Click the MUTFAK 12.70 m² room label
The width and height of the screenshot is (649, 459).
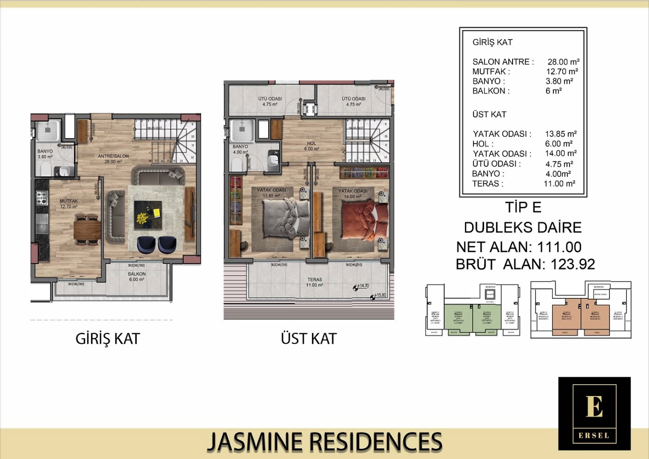(68, 204)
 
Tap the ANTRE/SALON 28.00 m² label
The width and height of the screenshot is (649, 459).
(113, 159)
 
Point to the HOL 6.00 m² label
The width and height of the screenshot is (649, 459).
(311, 146)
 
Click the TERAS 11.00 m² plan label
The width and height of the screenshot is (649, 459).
(315, 282)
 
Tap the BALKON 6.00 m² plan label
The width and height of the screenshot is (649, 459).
(137, 277)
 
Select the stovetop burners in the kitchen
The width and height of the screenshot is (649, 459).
(42, 198)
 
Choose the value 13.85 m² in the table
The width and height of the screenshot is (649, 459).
(560, 134)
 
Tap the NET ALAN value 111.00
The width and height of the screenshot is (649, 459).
(559, 247)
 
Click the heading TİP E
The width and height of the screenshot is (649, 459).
(523, 207)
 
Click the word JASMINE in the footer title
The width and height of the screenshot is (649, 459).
(254, 442)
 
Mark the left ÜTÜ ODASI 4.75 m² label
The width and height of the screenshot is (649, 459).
(270, 101)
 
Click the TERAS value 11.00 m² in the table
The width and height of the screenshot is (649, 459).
(559, 184)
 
